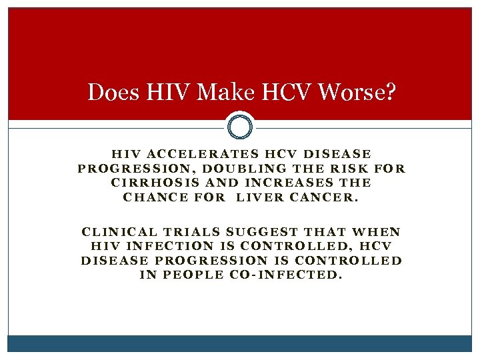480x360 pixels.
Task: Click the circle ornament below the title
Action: (x=240, y=125)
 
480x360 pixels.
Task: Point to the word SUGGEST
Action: (x=262, y=232)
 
